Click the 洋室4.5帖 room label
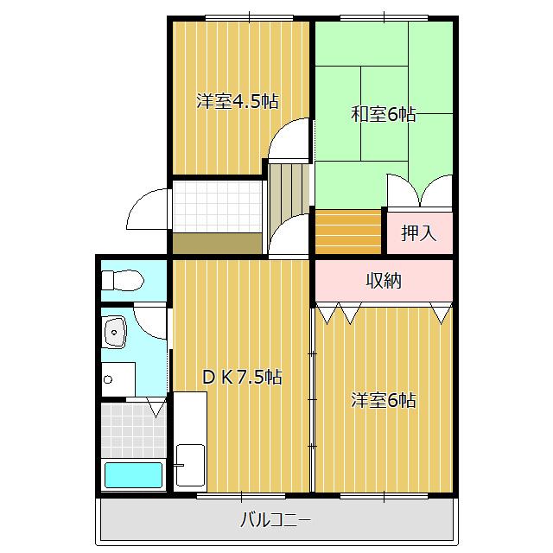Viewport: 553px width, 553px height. click(238, 102)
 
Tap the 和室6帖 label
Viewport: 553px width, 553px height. click(384, 114)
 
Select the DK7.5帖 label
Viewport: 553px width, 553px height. click(242, 377)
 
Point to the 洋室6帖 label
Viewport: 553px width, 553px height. click(384, 400)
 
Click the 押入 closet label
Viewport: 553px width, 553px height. click(419, 232)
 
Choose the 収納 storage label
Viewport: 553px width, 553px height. click(384, 281)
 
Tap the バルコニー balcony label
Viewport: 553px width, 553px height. click(276, 520)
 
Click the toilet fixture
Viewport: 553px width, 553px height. click(123, 280)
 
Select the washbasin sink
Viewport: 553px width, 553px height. click(115, 332)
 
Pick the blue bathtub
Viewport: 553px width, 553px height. click(133, 475)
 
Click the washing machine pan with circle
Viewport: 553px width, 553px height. click(118, 379)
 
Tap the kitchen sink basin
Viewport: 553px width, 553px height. click(190, 465)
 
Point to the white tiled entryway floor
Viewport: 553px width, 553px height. click(217, 207)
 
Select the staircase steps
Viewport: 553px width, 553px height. click(289, 190)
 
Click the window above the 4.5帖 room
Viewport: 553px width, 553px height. click(250, 17)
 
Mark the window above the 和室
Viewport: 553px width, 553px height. click(384, 17)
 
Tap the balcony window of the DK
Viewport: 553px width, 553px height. click(241, 496)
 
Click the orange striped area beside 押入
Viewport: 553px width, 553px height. click(348, 232)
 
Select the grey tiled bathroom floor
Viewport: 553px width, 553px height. click(134, 430)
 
